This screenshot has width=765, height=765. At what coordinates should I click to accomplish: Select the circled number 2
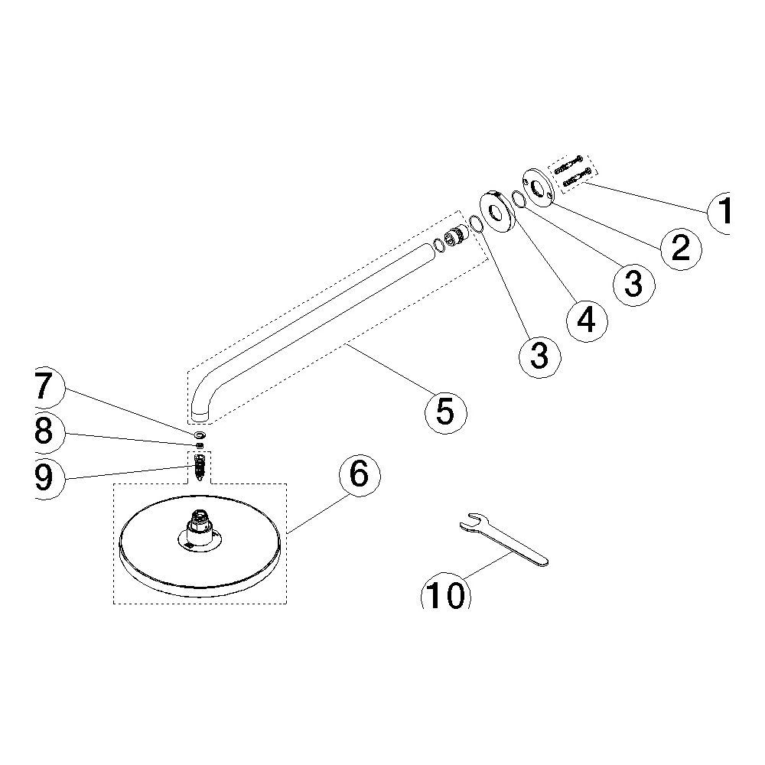pyautogui.click(x=682, y=248)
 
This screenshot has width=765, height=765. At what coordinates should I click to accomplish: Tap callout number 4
pyautogui.click(x=587, y=321)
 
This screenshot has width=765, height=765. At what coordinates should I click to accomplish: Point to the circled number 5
pyautogui.click(x=445, y=412)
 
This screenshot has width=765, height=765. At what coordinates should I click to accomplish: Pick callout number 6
pyautogui.click(x=359, y=475)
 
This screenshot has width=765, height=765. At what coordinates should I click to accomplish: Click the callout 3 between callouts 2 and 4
pyautogui.click(x=633, y=285)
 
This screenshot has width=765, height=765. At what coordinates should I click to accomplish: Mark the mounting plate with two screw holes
pyautogui.click(x=539, y=188)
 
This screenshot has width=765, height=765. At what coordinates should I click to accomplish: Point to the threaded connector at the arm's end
pyautogui.click(x=457, y=236)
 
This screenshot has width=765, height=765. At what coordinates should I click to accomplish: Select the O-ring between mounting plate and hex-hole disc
pyautogui.click(x=519, y=200)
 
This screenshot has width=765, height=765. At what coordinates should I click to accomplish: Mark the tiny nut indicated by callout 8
pyautogui.click(x=200, y=445)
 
